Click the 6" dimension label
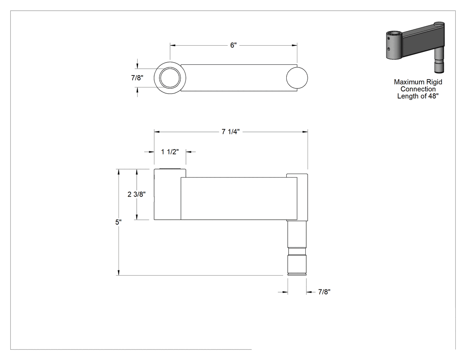tap(233, 45)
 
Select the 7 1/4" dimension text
tap(231, 132)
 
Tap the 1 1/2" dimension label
tap(170, 152)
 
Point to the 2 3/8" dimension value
tap(137, 194)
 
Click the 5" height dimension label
tap(118, 222)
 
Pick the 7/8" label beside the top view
tap(137, 78)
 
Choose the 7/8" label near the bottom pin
tap(324, 292)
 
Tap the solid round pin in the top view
tap(297, 78)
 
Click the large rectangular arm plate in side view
tap(239, 198)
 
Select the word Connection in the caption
tap(418, 89)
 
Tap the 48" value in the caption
tap(434, 96)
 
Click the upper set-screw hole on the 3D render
tap(388, 38)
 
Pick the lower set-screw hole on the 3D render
tap(388, 49)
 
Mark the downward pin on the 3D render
tap(439, 60)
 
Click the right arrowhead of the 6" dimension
tap(295, 45)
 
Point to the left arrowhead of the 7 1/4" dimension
tap(157, 132)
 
